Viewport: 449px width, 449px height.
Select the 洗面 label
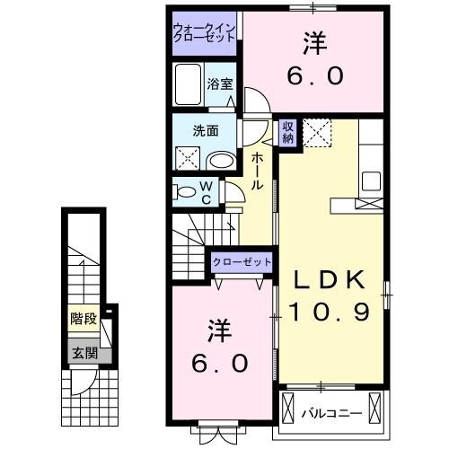(206, 130)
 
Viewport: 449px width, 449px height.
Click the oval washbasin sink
(221, 161)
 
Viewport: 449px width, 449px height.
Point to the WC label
(205, 191)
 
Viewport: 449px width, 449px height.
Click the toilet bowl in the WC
(184, 191)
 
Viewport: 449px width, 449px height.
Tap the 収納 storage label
(288, 132)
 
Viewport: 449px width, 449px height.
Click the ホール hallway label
(257, 171)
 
